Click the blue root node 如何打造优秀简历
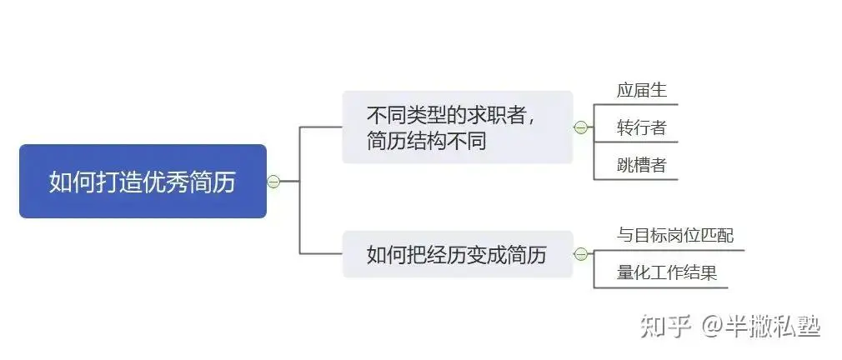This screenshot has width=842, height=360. pos(143,182)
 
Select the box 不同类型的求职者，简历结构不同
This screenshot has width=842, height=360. pos(458,127)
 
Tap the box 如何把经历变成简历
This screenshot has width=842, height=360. pos(458,254)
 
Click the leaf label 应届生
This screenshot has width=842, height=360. pos(642,90)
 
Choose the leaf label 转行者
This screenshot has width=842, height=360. pos(642,127)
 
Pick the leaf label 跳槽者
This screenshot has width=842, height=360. pos(642,165)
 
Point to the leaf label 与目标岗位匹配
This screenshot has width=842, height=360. pos(675,235)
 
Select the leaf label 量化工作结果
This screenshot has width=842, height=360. pos(667,272)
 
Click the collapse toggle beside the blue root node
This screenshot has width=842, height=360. pos(274,182)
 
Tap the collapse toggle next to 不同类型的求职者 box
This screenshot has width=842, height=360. pos(580,127)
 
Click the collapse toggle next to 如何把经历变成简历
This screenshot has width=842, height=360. pos(580,254)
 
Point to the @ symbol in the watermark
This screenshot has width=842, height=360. pos(711,326)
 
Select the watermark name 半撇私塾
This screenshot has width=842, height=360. pos(772,326)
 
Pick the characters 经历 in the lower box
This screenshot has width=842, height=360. pos(423,254)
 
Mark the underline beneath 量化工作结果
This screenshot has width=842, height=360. pos(661,287)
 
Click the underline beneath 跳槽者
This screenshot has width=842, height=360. pos(636,179)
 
